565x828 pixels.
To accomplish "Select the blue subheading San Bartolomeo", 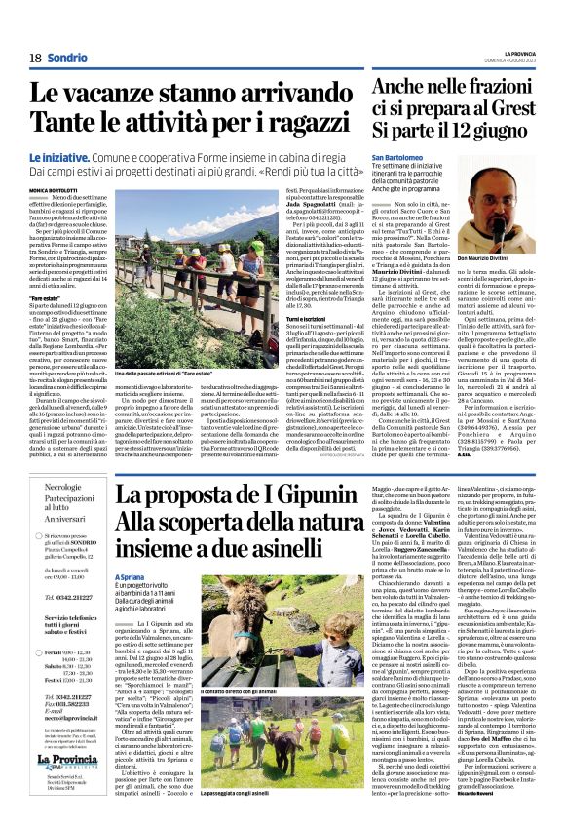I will pos(372,156).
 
